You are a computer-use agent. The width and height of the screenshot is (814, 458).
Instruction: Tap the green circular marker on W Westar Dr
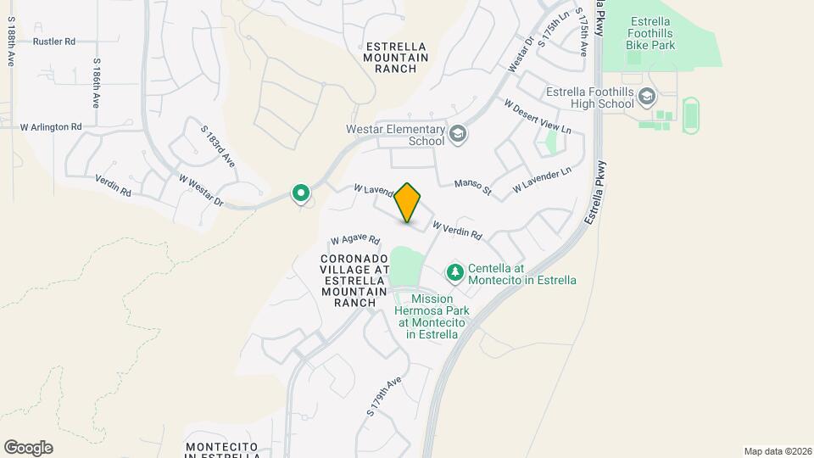pos(300,194)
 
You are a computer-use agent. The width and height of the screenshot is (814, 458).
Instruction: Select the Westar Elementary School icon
pos(458,134)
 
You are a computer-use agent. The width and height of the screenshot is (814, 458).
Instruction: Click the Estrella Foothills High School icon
pos(648,97)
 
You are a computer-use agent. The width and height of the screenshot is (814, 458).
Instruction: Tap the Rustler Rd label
pos(54,41)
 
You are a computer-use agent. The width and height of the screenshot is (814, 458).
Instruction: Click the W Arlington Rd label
pos(51,127)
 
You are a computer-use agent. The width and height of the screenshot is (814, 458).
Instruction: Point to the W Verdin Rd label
pos(457,230)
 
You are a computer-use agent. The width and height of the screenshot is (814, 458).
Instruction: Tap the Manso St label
pos(472,186)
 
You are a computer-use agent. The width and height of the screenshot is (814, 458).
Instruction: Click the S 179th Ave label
pos(383,396)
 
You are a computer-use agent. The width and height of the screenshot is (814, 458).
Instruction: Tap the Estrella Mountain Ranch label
pos(395,57)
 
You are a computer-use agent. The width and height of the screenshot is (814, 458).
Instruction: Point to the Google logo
pos(28,448)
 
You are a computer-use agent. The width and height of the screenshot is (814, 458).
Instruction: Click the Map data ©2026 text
pos(776,451)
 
